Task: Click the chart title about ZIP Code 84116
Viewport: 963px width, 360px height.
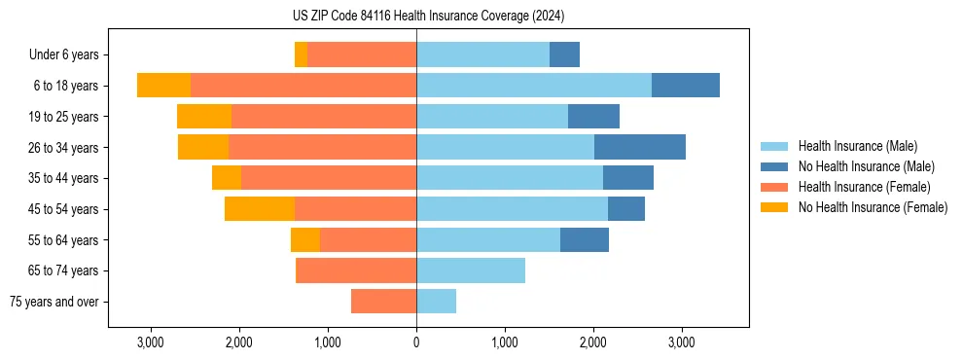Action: click(x=428, y=16)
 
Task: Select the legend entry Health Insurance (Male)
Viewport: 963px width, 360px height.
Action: click(x=856, y=146)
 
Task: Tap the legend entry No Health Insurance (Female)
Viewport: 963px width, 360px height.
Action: click(x=873, y=207)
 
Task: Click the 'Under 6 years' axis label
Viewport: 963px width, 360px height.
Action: click(x=63, y=55)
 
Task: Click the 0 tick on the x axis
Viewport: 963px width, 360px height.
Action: click(x=416, y=342)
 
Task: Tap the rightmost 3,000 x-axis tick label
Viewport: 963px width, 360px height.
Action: click(x=682, y=342)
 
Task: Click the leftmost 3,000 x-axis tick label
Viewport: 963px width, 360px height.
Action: click(x=151, y=342)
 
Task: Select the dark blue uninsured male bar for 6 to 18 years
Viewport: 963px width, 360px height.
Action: click(x=685, y=86)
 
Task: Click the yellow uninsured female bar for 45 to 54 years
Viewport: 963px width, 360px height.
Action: click(x=260, y=209)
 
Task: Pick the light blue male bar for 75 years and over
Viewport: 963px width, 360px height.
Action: click(x=436, y=302)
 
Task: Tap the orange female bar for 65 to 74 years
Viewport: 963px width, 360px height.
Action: click(x=356, y=270)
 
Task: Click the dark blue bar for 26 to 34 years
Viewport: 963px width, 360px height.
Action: click(x=639, y=148)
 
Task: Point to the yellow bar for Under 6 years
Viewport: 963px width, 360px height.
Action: click(x=301, y=55)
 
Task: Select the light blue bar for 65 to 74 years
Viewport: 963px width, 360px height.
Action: click(x=471, y=270)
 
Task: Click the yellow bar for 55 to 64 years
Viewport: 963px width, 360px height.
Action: click(x=305, y=240)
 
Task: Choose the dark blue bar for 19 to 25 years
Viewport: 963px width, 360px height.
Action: click(x=593, y=117)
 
